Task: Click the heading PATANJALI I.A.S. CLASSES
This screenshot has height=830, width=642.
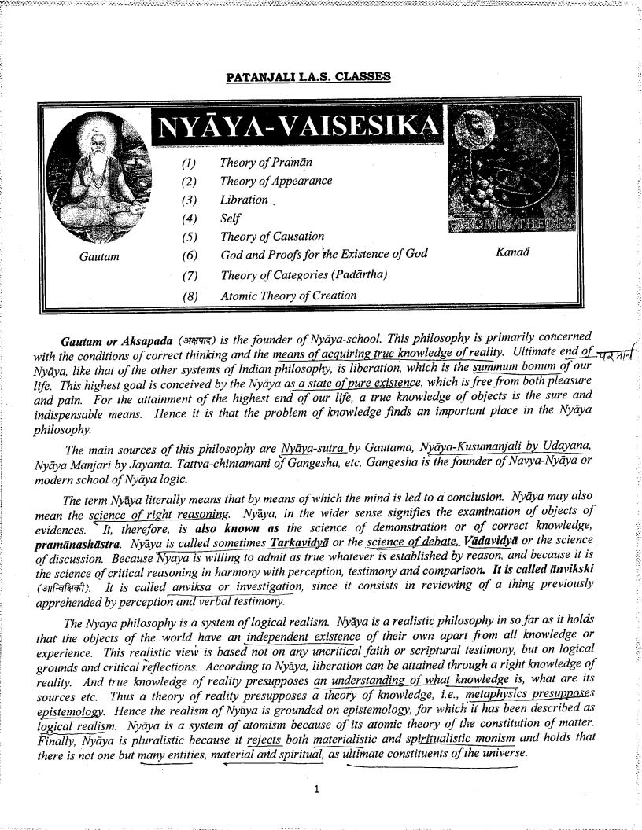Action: click(x=308, y=77)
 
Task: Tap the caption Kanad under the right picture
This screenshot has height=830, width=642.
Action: click(x=512, y=252)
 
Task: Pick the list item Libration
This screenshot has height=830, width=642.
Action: click(x=244, y=200)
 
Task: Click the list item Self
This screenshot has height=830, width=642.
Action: click(x=230, y=219)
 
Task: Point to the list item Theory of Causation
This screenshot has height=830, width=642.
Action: click(x=272, y=236)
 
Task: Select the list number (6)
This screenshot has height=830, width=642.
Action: click(x=190, y=255)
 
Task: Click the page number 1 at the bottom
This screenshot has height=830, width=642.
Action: click(x=315, y=790)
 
